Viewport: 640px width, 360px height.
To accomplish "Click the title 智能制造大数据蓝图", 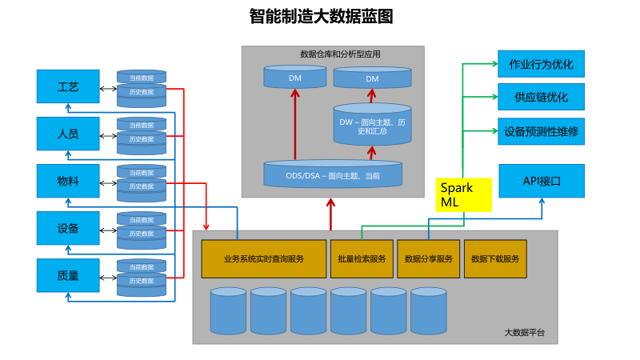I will (x=320, y=16).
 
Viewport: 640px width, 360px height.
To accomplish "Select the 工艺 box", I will (x=68, y=86).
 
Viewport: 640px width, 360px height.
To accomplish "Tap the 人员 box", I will (x=68, y=134).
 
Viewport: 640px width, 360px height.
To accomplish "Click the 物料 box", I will (x=68, y=181).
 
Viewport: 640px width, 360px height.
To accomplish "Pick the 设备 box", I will (x=68, y=228).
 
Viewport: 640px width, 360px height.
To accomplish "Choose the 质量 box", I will (x=68, y=275).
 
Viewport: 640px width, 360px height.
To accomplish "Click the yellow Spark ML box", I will (x=463, y=194).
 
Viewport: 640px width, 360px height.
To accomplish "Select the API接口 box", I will (x=542, y=181).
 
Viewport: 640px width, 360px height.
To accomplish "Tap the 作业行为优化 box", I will (x=541, y=64).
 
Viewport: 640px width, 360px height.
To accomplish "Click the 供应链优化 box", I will (x=541, y=97).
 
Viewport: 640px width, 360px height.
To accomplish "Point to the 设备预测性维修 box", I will (x=541, y=130).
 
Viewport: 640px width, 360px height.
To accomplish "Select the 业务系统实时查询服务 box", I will (x=264, y=258).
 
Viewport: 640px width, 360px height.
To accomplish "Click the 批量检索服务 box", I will (x=362, y=258).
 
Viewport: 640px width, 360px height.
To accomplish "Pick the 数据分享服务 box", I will (x=429, y=258).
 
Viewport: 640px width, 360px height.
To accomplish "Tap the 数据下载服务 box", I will (x=495, y=258).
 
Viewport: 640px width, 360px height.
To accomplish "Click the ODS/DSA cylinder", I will (x=333, y=174).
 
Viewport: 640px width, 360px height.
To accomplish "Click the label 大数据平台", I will (x=524, y=332).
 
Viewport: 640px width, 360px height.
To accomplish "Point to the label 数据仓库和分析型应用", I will (x=340, y=54).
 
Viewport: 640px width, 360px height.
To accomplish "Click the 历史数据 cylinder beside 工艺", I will (x=142, y=93).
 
